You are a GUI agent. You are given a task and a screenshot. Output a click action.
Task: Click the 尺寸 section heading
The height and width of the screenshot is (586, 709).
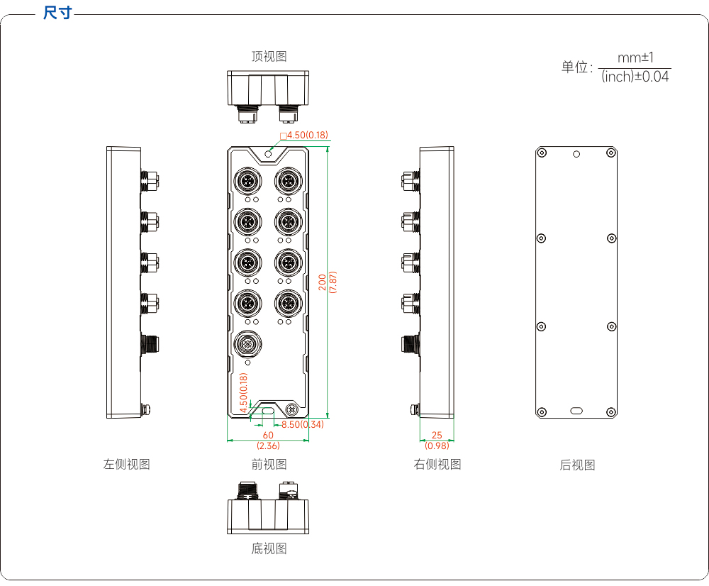(57, 13)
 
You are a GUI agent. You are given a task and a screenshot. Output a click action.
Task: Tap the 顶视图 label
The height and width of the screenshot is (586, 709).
(269, 56)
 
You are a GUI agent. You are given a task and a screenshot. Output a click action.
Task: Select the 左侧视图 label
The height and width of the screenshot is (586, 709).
(127, 464)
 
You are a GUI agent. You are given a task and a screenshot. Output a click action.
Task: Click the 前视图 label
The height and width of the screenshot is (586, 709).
(269, 464)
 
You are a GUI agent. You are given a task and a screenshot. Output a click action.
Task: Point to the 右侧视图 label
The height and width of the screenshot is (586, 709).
(437, 464)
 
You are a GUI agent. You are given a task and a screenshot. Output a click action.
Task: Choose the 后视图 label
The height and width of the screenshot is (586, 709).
(577, 465)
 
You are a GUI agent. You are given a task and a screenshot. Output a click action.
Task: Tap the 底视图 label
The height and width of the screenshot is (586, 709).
(269, 548)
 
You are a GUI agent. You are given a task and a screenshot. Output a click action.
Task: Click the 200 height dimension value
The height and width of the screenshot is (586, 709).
(322, 282)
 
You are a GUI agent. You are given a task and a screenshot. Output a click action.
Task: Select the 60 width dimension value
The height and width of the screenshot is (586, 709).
(268, 435)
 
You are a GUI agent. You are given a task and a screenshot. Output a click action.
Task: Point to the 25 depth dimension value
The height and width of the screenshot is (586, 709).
(437, 435)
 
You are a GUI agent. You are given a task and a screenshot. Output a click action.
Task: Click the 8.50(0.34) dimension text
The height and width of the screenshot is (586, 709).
(303, 424)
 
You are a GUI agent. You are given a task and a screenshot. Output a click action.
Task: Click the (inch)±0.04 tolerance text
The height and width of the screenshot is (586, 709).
(635, 77)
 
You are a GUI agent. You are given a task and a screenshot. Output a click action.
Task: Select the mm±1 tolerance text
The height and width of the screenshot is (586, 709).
(635, 57)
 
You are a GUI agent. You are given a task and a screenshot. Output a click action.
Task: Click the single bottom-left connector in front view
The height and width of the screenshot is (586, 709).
(247, 344)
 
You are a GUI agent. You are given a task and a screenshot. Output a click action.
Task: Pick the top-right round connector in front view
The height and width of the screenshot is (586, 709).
(288, 182)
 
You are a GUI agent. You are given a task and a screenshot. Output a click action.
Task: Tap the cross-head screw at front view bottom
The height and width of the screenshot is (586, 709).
(292, 410)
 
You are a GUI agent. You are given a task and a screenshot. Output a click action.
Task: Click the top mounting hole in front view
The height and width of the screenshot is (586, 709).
(268, 155)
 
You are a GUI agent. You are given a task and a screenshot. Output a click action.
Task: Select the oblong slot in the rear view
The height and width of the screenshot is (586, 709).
(576, 411)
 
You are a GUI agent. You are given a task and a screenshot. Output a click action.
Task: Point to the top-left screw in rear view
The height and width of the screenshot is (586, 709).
(542, 153)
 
